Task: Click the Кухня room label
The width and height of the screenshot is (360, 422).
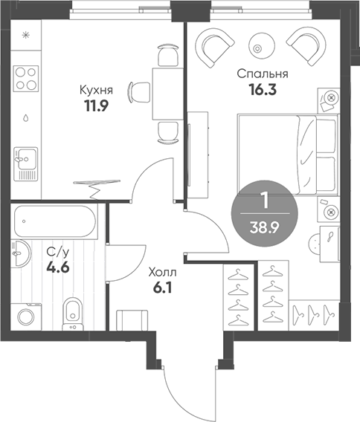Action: tap(97, 90)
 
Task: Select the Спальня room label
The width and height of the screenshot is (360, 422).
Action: tap(263, 74)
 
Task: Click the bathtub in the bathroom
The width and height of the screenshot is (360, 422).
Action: tap(57, 221)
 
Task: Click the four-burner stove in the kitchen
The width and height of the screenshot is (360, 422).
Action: tap(27, 78)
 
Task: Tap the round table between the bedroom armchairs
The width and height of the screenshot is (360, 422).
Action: tap(258, 44)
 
